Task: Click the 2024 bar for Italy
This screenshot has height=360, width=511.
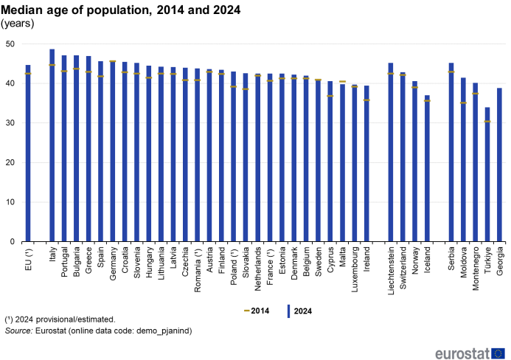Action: point(52,145)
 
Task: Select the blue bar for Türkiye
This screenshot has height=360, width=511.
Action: point(487,174)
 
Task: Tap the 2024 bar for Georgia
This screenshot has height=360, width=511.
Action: point(499,165)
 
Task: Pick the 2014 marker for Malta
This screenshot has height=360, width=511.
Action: point(343,82)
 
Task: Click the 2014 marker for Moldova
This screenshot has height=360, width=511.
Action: point(463,103)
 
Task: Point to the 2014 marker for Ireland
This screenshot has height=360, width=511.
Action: point(366,100)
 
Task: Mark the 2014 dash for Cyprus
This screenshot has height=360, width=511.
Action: point(330,96)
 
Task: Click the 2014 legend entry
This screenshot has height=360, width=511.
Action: point(257,311)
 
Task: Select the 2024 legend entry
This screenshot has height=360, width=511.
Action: point(299,311)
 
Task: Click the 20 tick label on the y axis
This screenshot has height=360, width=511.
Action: point(10,163)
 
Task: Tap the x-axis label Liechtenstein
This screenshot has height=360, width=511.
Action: point(391,271)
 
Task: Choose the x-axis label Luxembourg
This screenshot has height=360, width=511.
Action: point(355,269)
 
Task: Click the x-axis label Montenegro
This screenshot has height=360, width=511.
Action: point(475,269)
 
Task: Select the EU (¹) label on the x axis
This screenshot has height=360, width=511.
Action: point(28,259)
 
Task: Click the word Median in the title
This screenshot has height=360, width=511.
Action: point(22,10)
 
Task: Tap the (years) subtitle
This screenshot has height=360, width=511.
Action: point(17,24)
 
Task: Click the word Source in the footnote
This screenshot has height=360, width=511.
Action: point(18,331)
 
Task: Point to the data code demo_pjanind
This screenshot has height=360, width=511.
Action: point(163,331)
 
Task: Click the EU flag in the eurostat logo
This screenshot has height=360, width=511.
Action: point(498,353)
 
